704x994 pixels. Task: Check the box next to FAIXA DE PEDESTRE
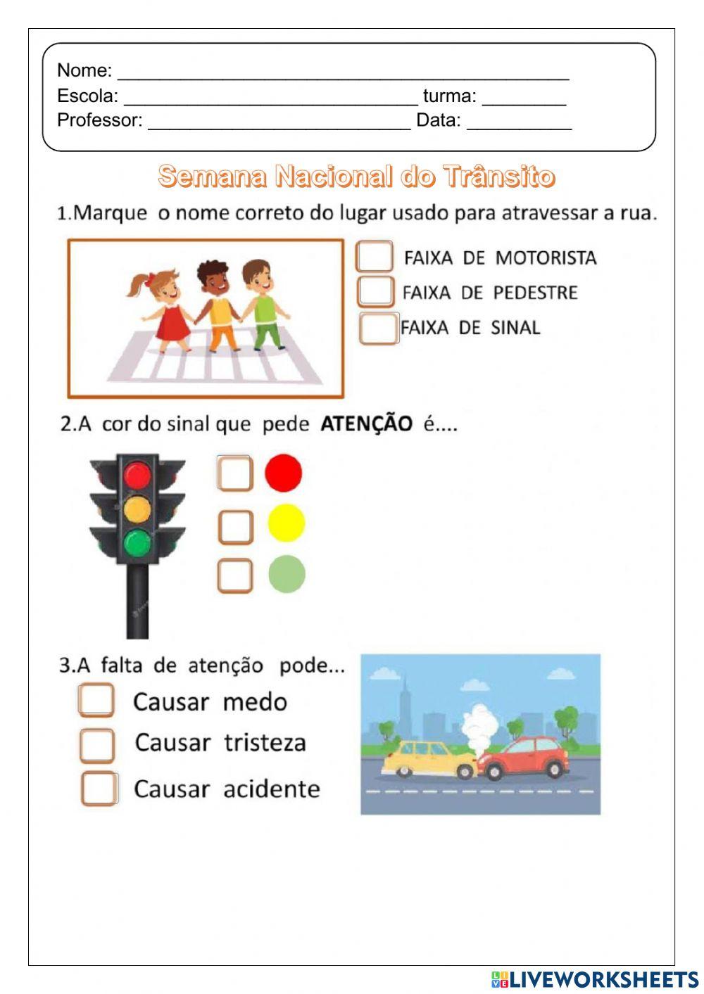click(x=375, y=291)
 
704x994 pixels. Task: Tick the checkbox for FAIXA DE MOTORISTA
click(x=375, y=257)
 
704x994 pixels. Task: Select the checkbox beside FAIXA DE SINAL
click(x=378, y=328)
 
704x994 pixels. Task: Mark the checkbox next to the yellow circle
click(x=235, y=526)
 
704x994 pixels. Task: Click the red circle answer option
click(x=283, y=473)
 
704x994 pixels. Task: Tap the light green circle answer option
click(x=287, y=574)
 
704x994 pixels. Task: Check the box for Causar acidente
click(x=99, y=788)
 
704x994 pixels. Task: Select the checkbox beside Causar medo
click(x=96, y=701)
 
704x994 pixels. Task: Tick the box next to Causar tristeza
click(x=97, y=745)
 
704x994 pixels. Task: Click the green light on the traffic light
click(x=137, y=542)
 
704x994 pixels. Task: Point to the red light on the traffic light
click(x=137, y=475)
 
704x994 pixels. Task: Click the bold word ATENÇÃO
click(x=366, y=423)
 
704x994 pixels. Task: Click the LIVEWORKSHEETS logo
click(x=595, y=979)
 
